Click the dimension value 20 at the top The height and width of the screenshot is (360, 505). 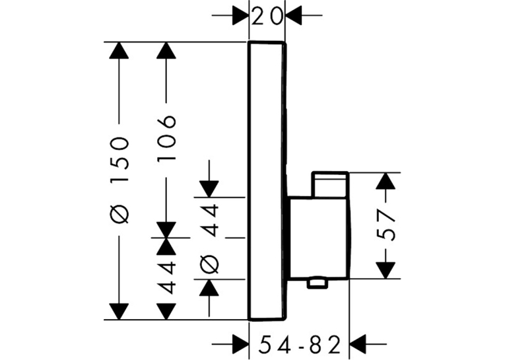(267, 17)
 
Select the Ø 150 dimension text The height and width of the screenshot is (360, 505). (119, 180)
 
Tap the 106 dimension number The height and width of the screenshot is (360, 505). (166, 137)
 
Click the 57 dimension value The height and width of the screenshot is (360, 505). (386, 225)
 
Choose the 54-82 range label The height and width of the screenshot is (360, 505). (300, 345)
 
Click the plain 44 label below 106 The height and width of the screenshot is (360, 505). (167, 277)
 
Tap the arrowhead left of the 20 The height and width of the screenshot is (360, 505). (240, 15)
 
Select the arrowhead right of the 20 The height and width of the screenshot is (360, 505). (293, 15)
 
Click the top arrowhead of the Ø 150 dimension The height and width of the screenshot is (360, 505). (119, 50)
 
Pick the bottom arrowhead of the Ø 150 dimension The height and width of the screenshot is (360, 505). (119, 312)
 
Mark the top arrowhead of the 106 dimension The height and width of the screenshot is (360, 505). (166, 50)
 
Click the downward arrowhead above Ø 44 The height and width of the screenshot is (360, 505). (209, 189)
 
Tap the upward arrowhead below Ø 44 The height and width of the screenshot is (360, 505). (209, 287)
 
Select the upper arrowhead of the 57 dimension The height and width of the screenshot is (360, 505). (386, 181)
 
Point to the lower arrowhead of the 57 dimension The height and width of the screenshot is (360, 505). (386, 270)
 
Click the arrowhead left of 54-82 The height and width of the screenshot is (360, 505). (240, 344)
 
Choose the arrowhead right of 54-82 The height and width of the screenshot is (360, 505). (358, 344)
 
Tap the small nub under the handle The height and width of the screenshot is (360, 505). (318, 283)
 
